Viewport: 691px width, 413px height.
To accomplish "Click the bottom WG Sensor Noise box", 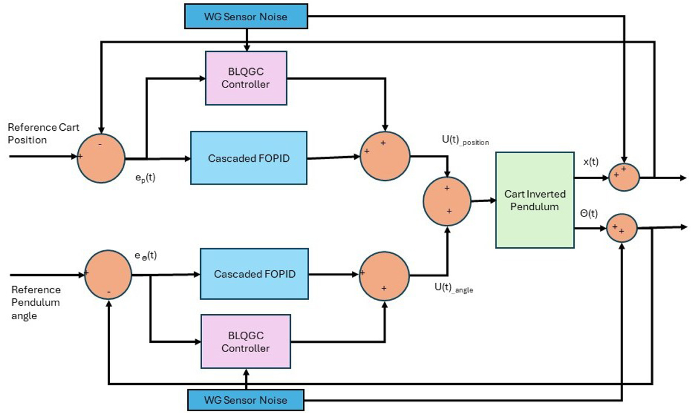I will [246, 399].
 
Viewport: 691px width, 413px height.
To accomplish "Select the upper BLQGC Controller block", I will [246, 77].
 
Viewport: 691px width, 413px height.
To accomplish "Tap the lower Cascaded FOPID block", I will [254, 274].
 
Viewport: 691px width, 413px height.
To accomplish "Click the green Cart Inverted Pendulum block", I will [536, 200].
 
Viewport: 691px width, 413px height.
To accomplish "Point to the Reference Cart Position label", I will [43, 132].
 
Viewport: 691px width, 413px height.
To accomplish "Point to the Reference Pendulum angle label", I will [36, 302].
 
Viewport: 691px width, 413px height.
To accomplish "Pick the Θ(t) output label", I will [589, 214].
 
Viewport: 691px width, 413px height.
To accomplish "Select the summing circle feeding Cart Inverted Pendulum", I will [447, 201].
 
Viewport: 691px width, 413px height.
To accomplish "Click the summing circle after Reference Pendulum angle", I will [108, 275].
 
